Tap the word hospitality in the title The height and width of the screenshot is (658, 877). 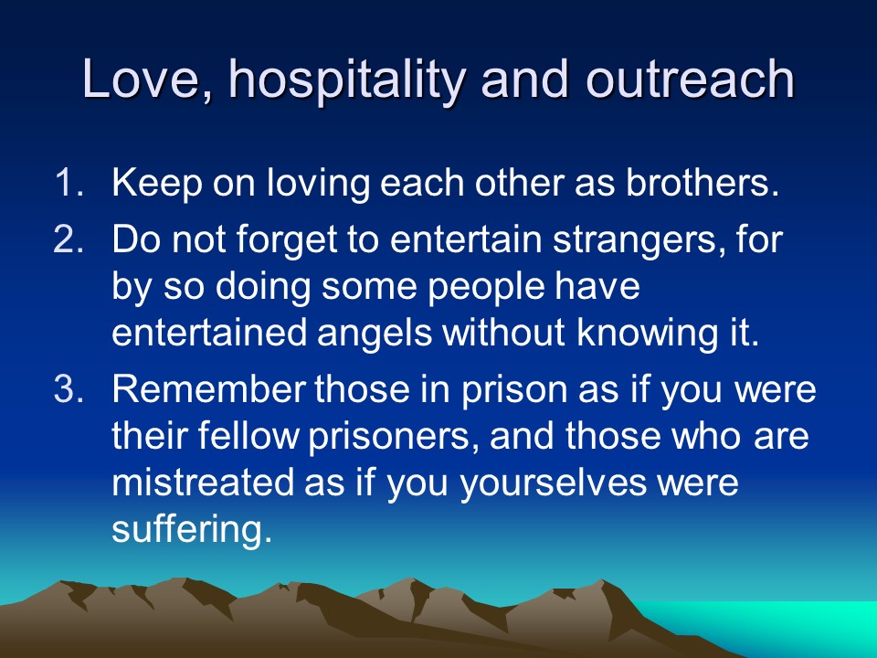pos(347,80)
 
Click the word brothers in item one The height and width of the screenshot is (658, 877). pos(702,182)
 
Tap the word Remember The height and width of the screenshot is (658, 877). pos(208,389)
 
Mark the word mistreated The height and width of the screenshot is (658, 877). pos(203,483)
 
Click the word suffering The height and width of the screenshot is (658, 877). pos(192,530)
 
